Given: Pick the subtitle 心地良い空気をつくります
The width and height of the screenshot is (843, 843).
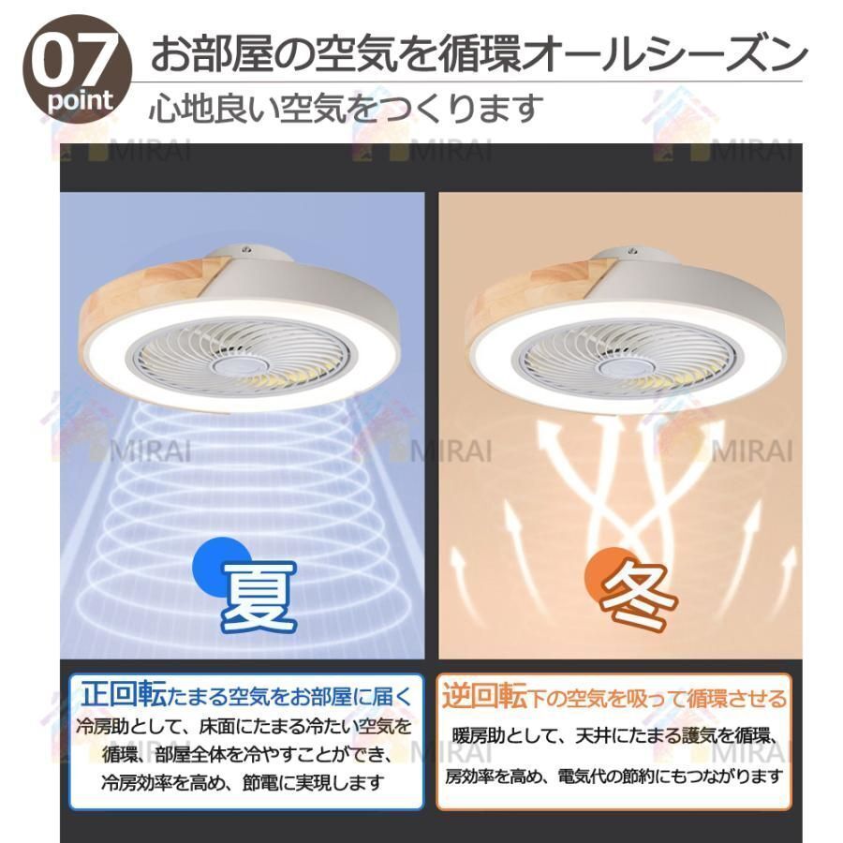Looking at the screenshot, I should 347,108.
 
